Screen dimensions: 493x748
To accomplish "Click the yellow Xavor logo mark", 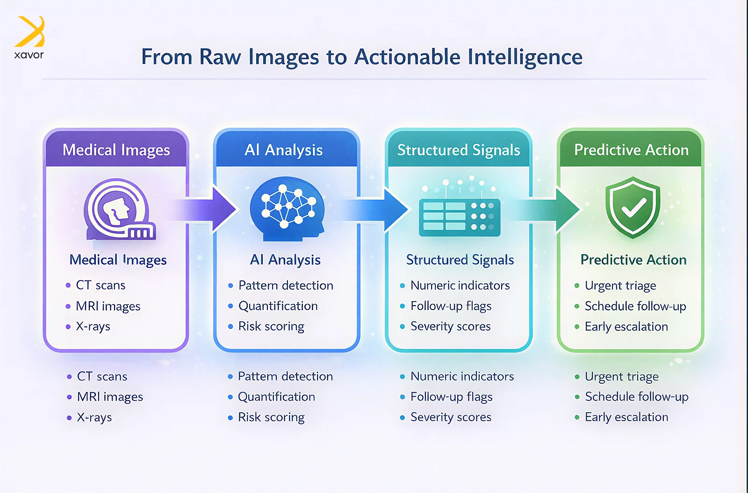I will [x=30, y=32].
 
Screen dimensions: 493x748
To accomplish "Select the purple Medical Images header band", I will [x=116, y=150].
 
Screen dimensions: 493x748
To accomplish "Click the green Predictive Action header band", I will [x=631, y=150].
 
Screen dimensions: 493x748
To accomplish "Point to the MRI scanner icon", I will [x=118, y=209].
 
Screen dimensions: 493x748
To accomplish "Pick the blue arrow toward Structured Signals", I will [x=379, y=209].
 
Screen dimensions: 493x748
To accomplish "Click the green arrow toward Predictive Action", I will [x=552, y=209].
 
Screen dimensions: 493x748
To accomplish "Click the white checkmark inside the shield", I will [x=633, y=208].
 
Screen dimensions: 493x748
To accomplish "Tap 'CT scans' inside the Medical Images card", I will [x=101, y=285].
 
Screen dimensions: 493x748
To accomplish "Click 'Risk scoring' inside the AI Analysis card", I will [x=271, y=326].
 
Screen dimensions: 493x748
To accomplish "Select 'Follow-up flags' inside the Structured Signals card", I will [x=451, y=306].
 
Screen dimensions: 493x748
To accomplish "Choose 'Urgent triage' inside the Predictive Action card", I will [x=620, y=285].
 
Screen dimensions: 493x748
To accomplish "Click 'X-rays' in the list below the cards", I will [x=94, y=417].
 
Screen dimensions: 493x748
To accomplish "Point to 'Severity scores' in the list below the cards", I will [x=451, y=417].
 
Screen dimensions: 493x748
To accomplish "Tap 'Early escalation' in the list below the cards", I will [x=626, y=417].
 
